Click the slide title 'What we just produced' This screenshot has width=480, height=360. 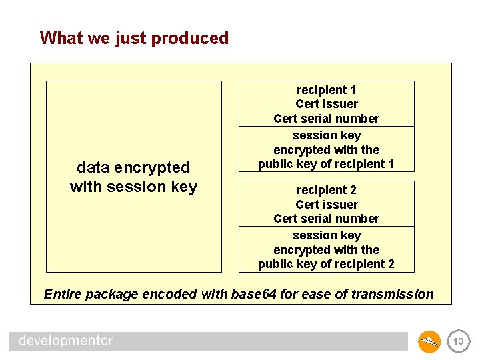click(134, 38)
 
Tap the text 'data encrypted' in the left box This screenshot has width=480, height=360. click(133, 167)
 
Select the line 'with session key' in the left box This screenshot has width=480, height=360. click(133, 187)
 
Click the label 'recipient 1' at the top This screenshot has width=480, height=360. click(326, 90)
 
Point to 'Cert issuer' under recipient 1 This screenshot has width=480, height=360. click(326, 104)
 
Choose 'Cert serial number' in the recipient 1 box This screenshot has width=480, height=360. click(326, 119)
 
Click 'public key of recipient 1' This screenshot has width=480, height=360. click(326, 164)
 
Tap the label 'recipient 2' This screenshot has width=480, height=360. click(326, 190)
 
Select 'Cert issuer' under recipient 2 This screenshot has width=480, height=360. click(326, 205)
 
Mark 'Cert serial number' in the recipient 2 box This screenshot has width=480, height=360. click(326, 219)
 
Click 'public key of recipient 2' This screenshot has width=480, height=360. click(326, 264)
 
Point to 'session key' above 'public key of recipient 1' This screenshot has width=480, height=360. click(326, 135)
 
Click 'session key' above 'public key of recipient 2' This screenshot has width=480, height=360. click(326, 235)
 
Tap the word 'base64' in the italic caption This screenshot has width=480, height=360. click(253, 294)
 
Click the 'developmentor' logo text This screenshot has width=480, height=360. click(66, 341)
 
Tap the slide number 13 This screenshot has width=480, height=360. click(457, 342)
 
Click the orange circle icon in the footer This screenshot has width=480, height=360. click(429, 342)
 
